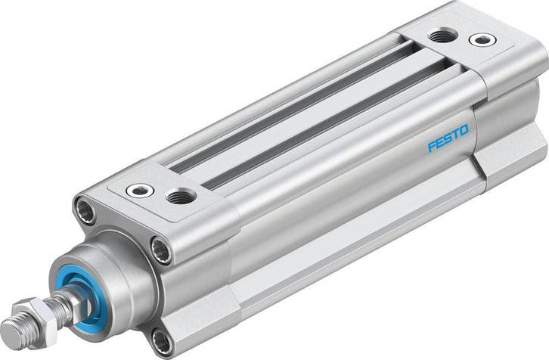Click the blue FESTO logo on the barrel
pos(448,139)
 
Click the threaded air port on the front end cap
pos(181,197)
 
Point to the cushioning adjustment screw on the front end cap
pos(140,190)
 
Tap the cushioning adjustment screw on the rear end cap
pos(479,39)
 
